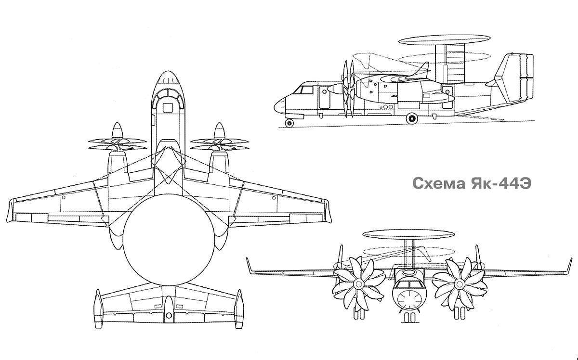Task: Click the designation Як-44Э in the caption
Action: click(501, 183)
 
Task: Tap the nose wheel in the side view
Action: click(289, 123)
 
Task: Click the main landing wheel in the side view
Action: click(412, 118)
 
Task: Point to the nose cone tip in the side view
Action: click(275, 106)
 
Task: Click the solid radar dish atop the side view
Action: click(444, 39)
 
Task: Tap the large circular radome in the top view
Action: click(169, 240)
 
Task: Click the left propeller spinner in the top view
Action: click(118, 130)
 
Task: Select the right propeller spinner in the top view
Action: click(219, 130)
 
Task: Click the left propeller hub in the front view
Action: click(358, 284)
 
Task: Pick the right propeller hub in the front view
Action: click(460, 284)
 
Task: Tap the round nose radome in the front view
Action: click(409, 300)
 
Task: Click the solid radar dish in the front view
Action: click(408, 234)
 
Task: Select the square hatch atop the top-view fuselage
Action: click(168, 108)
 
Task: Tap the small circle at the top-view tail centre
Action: click(169, 315)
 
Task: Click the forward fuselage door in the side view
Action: click(325, 97)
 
